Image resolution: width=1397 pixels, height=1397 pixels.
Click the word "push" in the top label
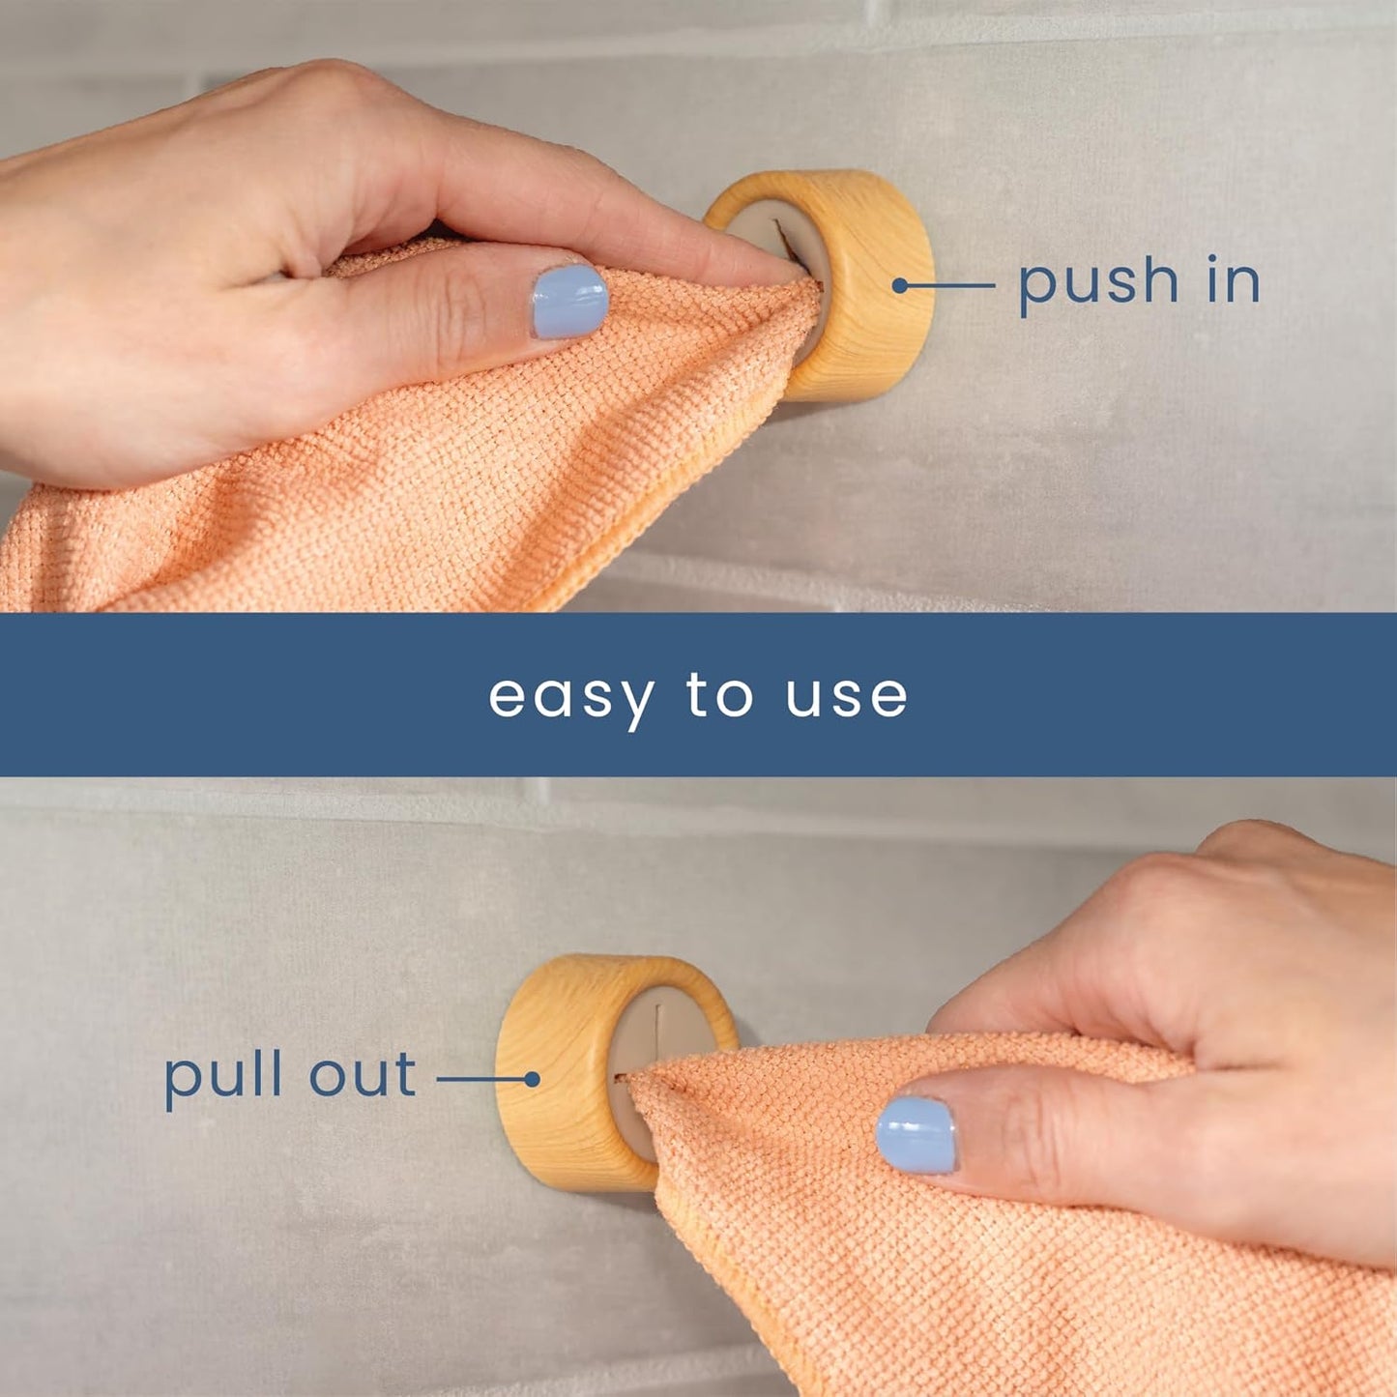click(x=1097, y=283)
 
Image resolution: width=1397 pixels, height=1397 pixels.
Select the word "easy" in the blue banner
click(x=570, y=697)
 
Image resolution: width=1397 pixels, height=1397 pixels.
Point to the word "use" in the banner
click(x=846, y=697)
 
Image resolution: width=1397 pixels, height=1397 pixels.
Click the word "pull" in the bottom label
click(x=222, y=1077)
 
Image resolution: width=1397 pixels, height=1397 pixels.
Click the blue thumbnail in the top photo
click(x=569, y=302)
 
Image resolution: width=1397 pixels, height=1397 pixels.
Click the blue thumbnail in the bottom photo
click(x=916, y=1134)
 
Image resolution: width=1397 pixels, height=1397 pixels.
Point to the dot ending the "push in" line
click(x=899, y=285)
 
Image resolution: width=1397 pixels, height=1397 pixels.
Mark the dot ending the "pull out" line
click(x=531, y=1079)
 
